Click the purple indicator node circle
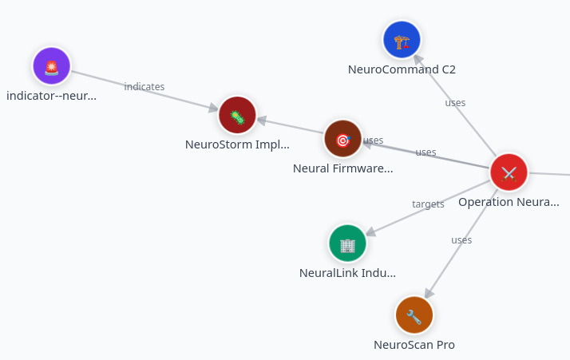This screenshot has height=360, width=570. (52, 66)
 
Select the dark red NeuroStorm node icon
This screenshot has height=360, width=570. (237, 116)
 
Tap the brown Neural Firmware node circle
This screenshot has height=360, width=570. (343, 139)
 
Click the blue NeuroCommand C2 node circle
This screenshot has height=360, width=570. (402, 40)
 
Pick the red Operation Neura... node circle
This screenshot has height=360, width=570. (509, 172)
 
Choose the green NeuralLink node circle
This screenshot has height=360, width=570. (347, 243)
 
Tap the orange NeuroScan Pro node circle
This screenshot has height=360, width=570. (414, 315)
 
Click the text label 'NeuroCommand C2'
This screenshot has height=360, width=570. (402, 69)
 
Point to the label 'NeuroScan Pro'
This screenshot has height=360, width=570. (414, 345)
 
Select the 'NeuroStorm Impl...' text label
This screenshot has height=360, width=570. (237, 144)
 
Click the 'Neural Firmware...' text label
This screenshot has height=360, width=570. (343, 168)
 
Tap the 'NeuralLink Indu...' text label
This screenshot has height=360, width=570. (347, 273)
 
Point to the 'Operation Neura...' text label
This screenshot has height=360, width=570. (509, 202)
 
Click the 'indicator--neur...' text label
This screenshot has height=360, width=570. (52, 96)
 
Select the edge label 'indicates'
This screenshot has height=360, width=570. (144, 86)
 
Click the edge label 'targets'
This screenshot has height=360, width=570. (428, 204)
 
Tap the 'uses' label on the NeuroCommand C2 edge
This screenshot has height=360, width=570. (455, 102)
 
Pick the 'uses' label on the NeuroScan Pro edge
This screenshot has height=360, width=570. (461, 239)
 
